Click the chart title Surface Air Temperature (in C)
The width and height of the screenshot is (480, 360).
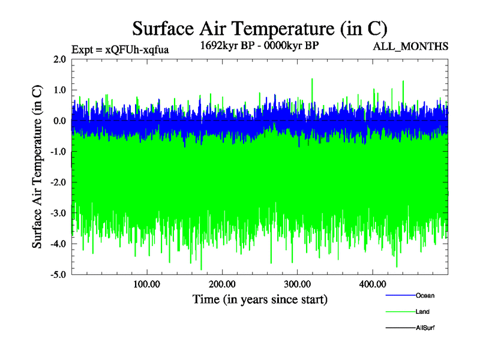260,28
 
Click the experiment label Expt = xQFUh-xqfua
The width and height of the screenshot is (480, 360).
120,49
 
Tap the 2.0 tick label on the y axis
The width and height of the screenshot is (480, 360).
59,59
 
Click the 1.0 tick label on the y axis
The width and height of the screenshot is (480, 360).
59,90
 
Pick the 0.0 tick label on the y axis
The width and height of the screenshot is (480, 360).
59,121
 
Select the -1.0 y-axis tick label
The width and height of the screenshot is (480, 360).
58,152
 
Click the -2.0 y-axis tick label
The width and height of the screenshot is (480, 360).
58,182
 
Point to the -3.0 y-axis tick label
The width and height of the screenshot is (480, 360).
58,213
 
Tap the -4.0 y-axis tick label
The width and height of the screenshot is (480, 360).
58,244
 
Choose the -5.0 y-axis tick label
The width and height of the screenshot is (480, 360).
58,275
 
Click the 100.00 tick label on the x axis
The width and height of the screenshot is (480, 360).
146,284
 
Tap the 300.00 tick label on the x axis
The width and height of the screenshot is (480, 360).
297,284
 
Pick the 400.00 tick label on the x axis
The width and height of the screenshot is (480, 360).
373,284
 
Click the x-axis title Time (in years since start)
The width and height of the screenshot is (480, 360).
260,299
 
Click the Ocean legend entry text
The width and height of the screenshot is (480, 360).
425,296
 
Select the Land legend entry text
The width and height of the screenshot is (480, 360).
423,312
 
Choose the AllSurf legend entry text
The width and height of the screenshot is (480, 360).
425,328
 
